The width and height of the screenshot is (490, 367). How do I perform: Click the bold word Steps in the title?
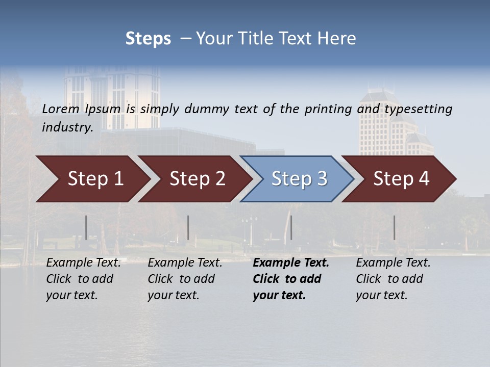pyautogui.click(x=148, y=39)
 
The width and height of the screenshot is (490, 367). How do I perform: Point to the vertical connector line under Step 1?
pyautogui.click(x=86, y=227)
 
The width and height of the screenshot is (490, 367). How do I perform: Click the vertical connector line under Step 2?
pyautogui.click(x=188, y=227)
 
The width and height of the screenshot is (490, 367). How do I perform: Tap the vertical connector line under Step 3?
pyautogui.click(x=291, y=227)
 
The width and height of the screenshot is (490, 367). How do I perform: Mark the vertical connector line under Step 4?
pyautogui.click(x=394, y=227)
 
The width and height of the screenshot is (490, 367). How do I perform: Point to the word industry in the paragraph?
pyautogui.click(x=67, y=127)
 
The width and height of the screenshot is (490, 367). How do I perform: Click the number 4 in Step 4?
pyautogui.click(x=424, y=179)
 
